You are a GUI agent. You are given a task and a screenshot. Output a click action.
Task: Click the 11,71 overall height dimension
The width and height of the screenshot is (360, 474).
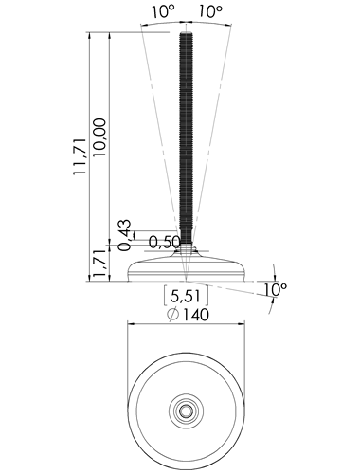pos(80,156)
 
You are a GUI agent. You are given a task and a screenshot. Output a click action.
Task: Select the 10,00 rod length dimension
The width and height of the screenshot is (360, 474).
pos(99,137)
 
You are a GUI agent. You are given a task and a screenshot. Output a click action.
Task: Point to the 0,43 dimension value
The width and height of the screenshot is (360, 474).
pos(124,235)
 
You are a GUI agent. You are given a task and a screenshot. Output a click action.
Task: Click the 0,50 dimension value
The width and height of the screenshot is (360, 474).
pos(164,243)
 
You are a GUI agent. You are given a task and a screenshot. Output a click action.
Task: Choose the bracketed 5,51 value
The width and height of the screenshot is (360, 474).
pos(186,297)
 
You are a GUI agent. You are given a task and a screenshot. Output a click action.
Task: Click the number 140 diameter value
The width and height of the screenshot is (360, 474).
pos(196,315)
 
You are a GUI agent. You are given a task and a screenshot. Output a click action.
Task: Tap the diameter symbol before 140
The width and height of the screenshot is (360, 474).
pos(173,315)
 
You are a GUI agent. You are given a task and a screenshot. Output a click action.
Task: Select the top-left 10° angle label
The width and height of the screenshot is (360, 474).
pos(163,12)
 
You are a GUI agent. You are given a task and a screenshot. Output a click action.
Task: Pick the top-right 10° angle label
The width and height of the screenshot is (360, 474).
pos(210,12)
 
